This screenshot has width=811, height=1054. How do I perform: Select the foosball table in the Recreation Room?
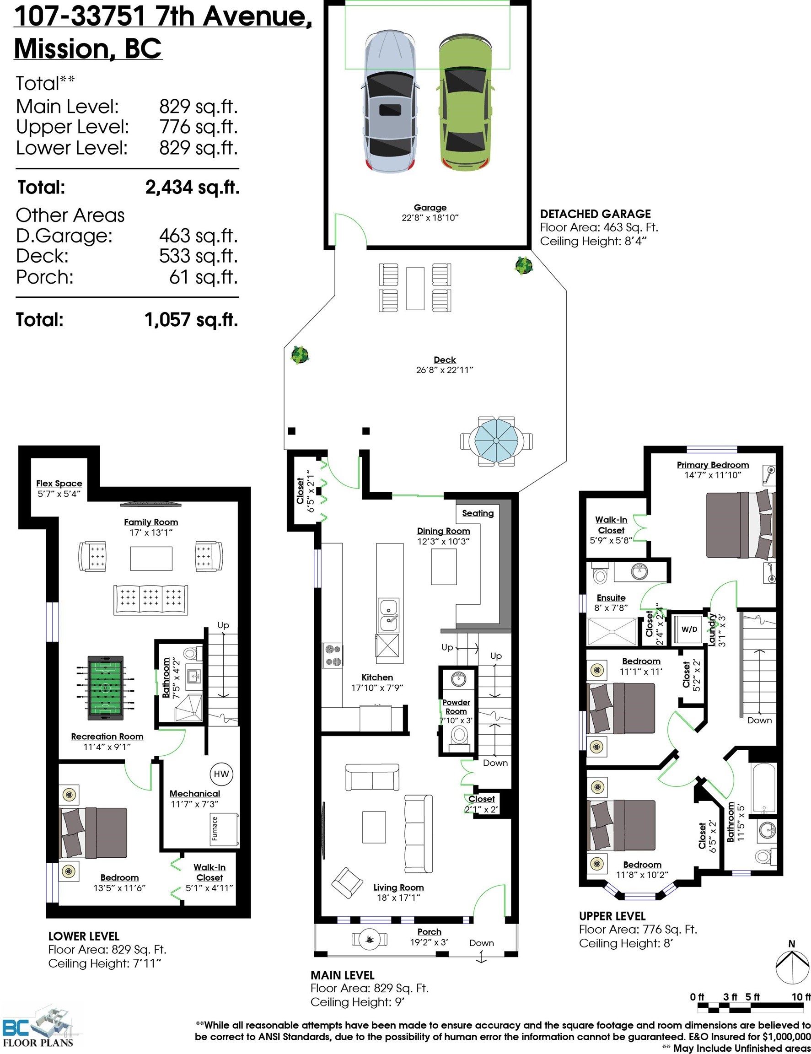pyautogui.click(x=105, y=687)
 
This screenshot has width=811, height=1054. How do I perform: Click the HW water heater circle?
pyautogui.click(x=221, y=774)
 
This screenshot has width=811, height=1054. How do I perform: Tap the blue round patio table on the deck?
pyautogui.click(x=496, y=441)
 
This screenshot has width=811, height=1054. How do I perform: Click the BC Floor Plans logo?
pyautogui.click(x=38, y=1028)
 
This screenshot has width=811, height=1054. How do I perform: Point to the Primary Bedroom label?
pyautogui.click(x=713, y=465)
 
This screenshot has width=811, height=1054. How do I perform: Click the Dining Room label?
pyautogui.click(x=443, y=531)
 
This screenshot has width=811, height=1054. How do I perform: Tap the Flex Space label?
pyautogui.click(x=59, y=483)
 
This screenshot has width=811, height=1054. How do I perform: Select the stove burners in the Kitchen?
pyautogui.click(x=333, y=656)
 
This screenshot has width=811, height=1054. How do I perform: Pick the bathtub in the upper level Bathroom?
pyautogui.click(x=764, y=788)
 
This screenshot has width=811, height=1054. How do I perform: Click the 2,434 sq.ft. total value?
pyautogui.click(x=192, y=187)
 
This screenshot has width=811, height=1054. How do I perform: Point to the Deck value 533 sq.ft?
pyautogui.click(x=198, y=256)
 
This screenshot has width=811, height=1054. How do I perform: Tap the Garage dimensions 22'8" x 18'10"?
pyautogui.click(x=430, y=218)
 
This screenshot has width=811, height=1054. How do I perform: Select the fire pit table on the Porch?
pyautogui.click(x=370, y=939)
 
